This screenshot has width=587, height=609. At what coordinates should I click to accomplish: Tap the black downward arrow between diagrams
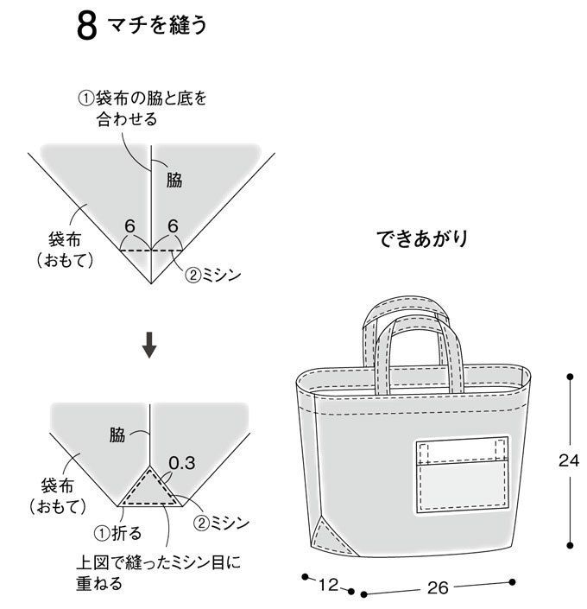point(148,346)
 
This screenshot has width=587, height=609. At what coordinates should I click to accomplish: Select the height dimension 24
point(567,460)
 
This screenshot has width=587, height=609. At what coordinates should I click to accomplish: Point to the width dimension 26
point(438,588)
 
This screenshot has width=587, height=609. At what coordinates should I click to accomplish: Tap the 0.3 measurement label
point(181,463)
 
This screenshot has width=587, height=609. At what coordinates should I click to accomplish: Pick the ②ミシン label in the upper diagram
point(212,276)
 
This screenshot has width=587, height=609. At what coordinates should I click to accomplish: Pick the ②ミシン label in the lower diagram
point(221,523)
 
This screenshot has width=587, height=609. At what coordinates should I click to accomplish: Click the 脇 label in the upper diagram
point(174,180)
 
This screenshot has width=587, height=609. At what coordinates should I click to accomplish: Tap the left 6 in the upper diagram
point(129,226)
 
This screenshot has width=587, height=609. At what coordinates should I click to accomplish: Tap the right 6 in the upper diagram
point(173,226)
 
